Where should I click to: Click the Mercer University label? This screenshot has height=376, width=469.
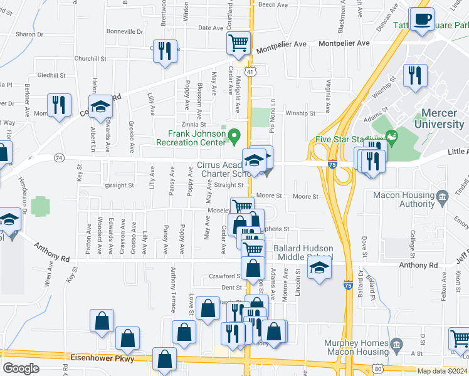[x=442, y=118]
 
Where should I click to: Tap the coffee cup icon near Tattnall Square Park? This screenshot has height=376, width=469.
[x=421, y=19]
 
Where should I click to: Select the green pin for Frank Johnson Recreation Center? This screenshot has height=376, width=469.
[x=234, y=135]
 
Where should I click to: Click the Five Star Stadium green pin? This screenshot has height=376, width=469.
[x=392, y=136]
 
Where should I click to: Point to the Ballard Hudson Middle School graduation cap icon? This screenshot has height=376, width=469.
[x=320, y=268]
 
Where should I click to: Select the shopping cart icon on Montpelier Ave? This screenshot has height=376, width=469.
[x=238, y=44]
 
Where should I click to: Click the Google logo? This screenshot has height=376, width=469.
[x=21, y=368]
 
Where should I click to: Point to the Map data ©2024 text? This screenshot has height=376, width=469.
[x=442, y=371]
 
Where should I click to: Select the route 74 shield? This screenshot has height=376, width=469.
[x=59, y=157]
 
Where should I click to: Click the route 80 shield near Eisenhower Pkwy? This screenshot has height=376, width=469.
[x=377, y=368]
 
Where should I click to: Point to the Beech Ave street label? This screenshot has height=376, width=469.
[x=273, y=4]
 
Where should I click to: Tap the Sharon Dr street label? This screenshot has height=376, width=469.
[x=29, y=34]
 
